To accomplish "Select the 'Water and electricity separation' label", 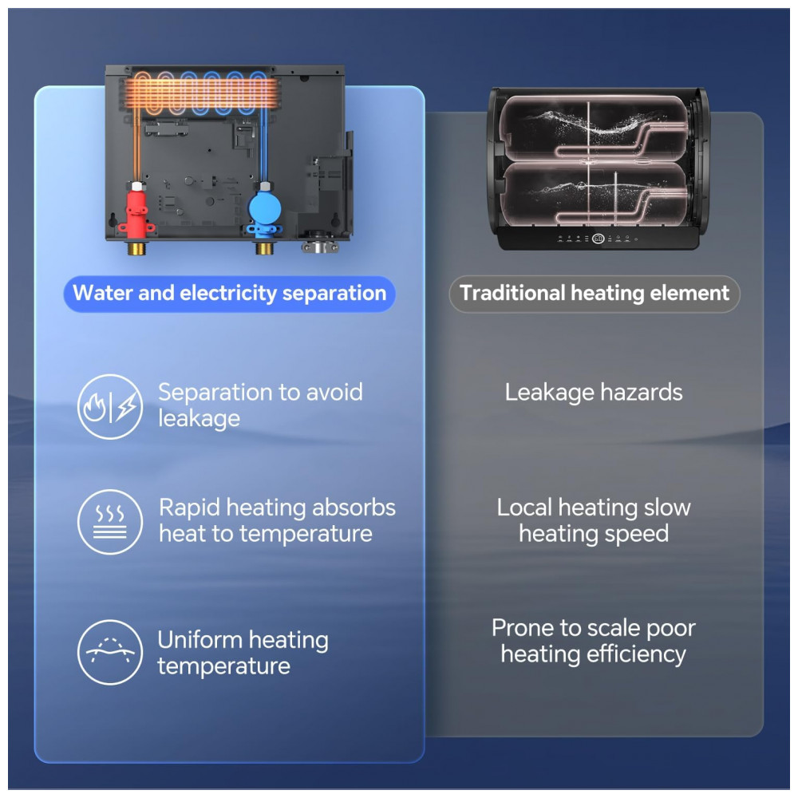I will tap(229, 294).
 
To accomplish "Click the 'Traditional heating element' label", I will tap(595, 294).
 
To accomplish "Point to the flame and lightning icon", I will tap(110, 407).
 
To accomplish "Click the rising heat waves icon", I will tap(110, 522).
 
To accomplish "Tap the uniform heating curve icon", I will tap(110, 652).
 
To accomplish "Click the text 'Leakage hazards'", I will tap(594, 393).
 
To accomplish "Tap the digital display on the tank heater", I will tap(598, 239).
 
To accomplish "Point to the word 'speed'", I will tap(635, 534).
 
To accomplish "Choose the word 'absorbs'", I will tap(353, 508).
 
